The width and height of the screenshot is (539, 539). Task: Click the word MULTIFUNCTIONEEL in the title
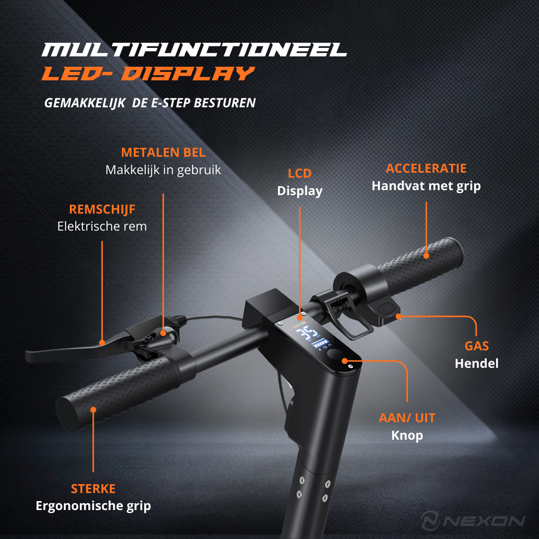pyautogui.click(x=194, y=49)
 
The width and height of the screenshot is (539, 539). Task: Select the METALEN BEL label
pyautogui.click(x=163, y=152)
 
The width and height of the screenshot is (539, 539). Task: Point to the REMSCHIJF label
pyautogui.click(x=102, y=209)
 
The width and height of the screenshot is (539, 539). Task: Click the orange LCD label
pyautogui.click(x=300, y=173)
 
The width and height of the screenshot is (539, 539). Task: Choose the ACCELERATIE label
pyautogui.click(x=426, y=168)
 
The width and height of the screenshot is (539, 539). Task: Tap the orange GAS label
pyautogui.click(x=477, y=346)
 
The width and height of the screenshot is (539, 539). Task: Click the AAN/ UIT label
pyautogui.click(x=407, y=418)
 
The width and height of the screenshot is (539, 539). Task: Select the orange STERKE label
pyautogui.click(x=93, y=489)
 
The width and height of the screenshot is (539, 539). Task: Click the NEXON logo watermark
pyautogui.click(x=473, y=520)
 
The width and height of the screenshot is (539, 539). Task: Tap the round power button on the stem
pyautogui.click(x=334, y=354)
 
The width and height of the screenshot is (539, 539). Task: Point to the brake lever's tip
pyautogui.click(x=27, y=357)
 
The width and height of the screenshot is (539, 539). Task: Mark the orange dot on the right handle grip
pyautogui.click(x=426, y=256)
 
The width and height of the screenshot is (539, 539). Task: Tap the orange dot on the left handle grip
pyautogui.click(x=93, y=409)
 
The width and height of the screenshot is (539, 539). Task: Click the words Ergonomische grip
pyautogui.click(x=93, y=506)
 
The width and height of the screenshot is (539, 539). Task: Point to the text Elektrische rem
pyautogui.click(x=102, y=226)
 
